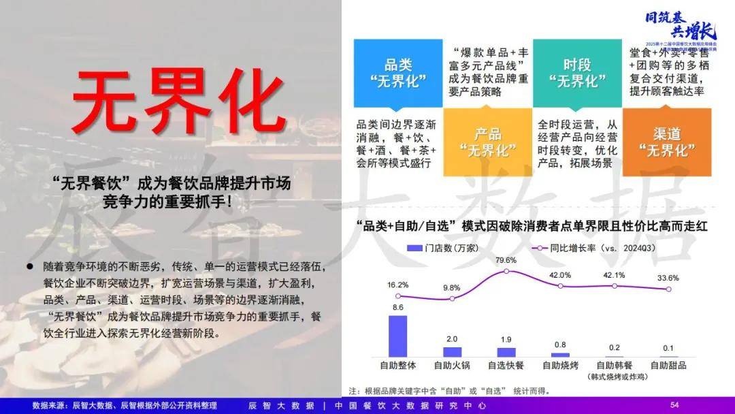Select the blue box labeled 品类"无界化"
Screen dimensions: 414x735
pyautogui.click(x=398, y=73)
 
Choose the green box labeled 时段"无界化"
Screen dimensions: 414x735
pyautogui.click(x=576, y=73)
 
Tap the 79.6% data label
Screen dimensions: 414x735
pyautogui.click(x=506, y=260)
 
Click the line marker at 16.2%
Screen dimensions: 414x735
pyautogui.click(x=398, y=296)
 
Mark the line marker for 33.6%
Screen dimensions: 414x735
pyautogui.click(x=668, y=289)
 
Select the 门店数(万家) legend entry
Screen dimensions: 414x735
pyautogui.click(x=436, y=249)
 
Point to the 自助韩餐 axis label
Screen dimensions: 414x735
pyautogui.click(x=615, y=365)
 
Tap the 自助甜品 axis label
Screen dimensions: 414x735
pyautogui.click(x=668, y=365)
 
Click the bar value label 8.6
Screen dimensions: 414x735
pyautogui.click(x=398, y=308)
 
